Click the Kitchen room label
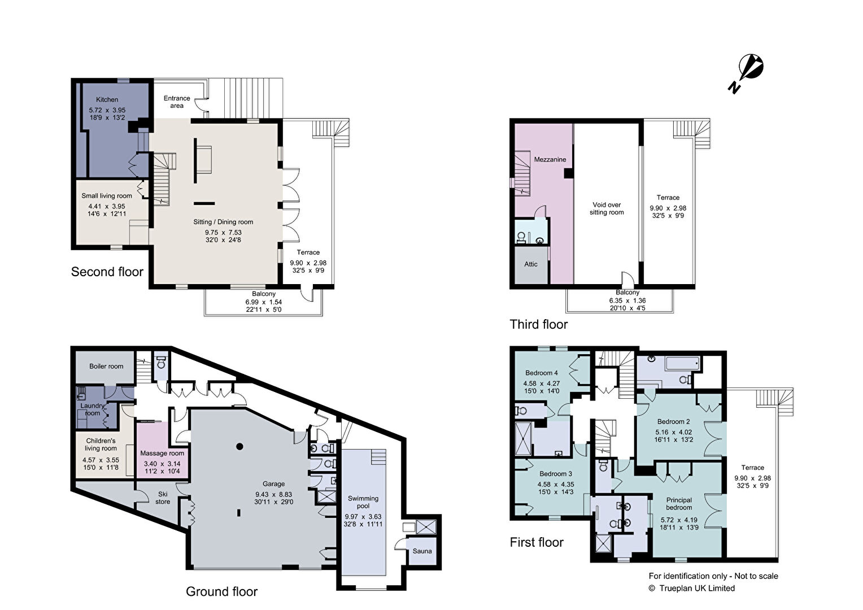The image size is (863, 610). [107, 99]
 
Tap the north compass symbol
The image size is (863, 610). [747, 73]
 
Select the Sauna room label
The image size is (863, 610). [422, 551]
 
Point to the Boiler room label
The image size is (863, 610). [106, 366]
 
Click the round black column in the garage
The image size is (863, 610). [239, 447]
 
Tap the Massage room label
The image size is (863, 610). [162, 453]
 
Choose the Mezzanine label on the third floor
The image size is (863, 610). [550, 159]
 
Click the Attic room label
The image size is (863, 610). [530, 264]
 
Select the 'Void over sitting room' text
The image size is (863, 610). [607, 208]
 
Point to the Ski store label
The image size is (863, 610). [163, 498]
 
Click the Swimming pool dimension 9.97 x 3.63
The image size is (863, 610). [363, 517]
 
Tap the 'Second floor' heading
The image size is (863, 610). [107, 272]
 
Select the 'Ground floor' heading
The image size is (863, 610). [221, 591]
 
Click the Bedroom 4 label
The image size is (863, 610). [541, 373]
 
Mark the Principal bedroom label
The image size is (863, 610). [679, 504]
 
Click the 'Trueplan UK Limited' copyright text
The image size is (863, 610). [697, 588]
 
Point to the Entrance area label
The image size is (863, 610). [177, 102]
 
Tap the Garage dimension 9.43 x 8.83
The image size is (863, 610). [273, 494]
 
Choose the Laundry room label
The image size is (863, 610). [92, 409]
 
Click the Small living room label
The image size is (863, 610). [107, 196]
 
